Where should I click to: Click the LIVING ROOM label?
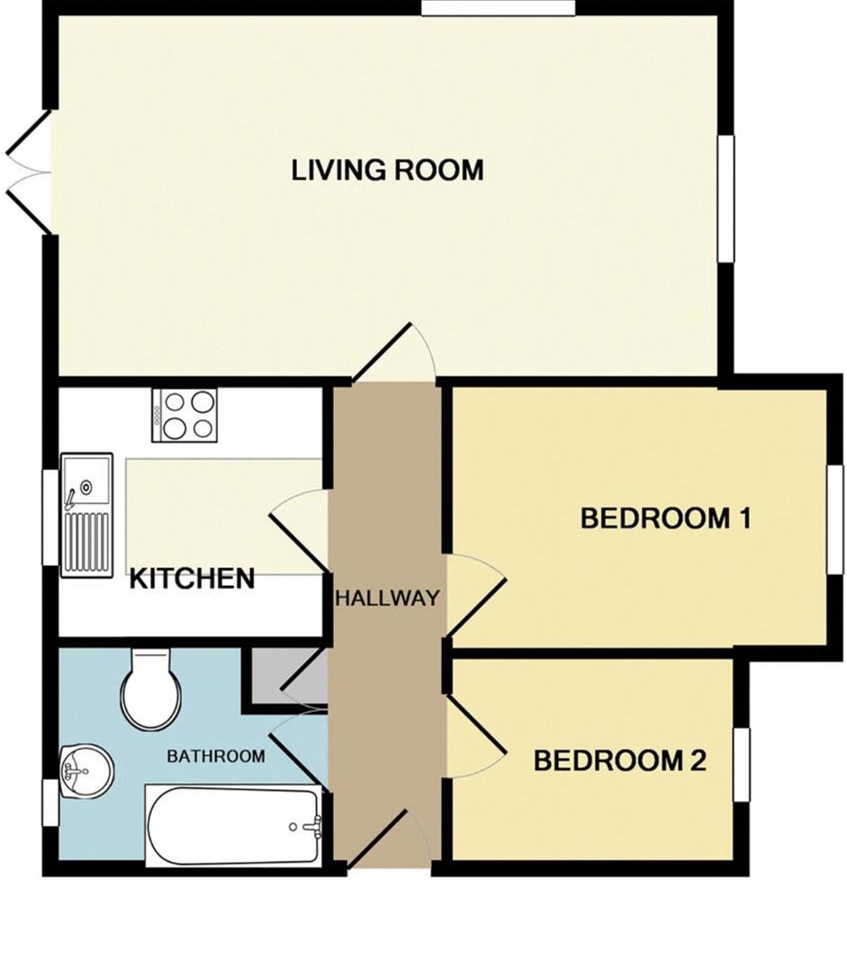pos(388,170)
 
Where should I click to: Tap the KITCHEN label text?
pos(193,579)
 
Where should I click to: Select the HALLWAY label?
pos(388,598)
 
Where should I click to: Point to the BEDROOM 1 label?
pos(665,517)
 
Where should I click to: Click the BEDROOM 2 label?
pos(620,760)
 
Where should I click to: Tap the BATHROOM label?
pos(216,756)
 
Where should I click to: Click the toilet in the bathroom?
pos(151,689)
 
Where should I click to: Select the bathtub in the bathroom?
pos(234,825)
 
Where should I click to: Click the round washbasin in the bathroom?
pos(86,771)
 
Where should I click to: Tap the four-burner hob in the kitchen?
pos(185,415)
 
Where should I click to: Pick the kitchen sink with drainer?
pos(86,515)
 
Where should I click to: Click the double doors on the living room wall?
pos(29,173)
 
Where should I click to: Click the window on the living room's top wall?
pos(498,7)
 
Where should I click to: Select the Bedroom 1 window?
pos(835,519)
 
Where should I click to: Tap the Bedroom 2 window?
pos(742,764)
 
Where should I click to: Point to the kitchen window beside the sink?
pos(50,517)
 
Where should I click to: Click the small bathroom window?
pos(50,802)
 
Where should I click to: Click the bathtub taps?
pos(308,826)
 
